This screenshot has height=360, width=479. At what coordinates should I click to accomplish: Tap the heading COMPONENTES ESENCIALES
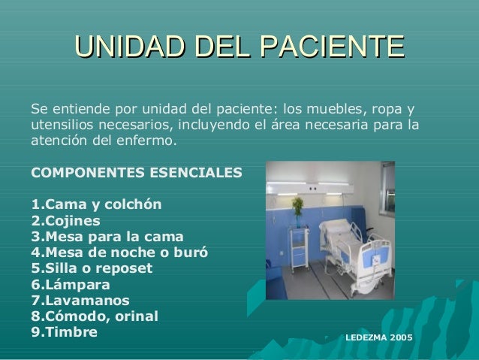(x=136, y=172)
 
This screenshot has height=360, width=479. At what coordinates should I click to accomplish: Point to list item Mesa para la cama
(x=107, y=236)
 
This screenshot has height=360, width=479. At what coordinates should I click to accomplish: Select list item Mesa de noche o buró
(x=119, y=252)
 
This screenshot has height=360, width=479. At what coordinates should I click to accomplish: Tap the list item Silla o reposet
(x=91, y=268)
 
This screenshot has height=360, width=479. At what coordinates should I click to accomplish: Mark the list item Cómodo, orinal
(x=94, y=316)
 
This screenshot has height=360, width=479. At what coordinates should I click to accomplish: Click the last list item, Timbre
(x=64, y=331)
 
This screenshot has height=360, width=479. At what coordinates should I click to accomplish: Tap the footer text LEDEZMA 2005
(x=378, y=340)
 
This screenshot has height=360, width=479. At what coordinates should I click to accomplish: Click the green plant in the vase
(x=298, y=206)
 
